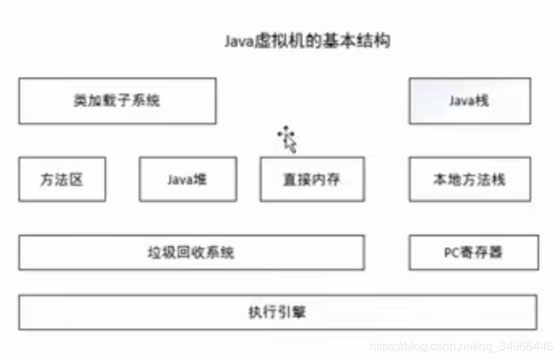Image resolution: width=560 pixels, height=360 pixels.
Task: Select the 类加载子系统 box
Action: coord(117,100)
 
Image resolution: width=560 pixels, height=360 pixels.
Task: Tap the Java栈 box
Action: coord(469,100)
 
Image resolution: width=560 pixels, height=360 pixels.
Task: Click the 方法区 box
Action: coord(62,179)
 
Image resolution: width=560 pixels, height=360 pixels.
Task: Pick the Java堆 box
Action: coord(188,179)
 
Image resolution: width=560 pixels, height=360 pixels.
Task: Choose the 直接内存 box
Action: coord(312,179)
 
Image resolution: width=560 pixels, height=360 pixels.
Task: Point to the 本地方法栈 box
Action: coord(469,179)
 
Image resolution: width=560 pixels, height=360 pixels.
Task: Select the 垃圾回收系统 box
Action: coord(191,252)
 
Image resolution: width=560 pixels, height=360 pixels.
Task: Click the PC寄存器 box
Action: coord(473,252)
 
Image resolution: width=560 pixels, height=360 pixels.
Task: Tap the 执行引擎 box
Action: coord(277,312)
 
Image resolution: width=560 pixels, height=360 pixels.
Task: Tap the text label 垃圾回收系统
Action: coord(191,252)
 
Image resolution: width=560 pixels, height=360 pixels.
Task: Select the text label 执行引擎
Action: coord(277,312)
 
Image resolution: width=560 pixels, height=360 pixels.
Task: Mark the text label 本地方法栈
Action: coord(469,179)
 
